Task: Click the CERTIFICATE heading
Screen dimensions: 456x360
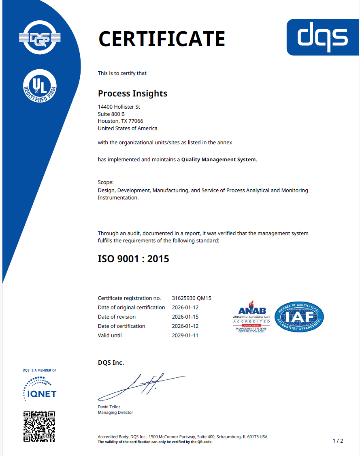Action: [162, 39]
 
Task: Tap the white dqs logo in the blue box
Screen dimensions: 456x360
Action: [322, 37]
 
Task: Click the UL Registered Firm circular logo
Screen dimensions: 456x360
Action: [39, 86]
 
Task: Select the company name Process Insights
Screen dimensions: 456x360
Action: [132, 94]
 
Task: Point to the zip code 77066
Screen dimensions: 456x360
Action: [136, 121]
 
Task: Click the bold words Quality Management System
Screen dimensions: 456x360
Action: [218, 160]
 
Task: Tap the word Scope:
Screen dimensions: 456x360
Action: [106, 182]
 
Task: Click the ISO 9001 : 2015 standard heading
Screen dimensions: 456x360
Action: [133, 259]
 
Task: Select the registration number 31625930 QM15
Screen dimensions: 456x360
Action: [192, 298]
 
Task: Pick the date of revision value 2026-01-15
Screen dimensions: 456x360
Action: [185, 317]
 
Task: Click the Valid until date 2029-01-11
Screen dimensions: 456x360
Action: [185, 336]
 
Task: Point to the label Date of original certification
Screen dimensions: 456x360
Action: [131, 308]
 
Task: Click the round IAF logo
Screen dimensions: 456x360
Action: [299, 317]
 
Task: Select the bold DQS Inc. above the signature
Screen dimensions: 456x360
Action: [111, 363]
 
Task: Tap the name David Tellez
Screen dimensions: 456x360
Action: [109, 407]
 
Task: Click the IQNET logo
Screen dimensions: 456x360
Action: [39, 388]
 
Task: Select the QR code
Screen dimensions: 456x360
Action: [39, 426]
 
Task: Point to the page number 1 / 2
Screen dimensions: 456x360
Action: [338, 441]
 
